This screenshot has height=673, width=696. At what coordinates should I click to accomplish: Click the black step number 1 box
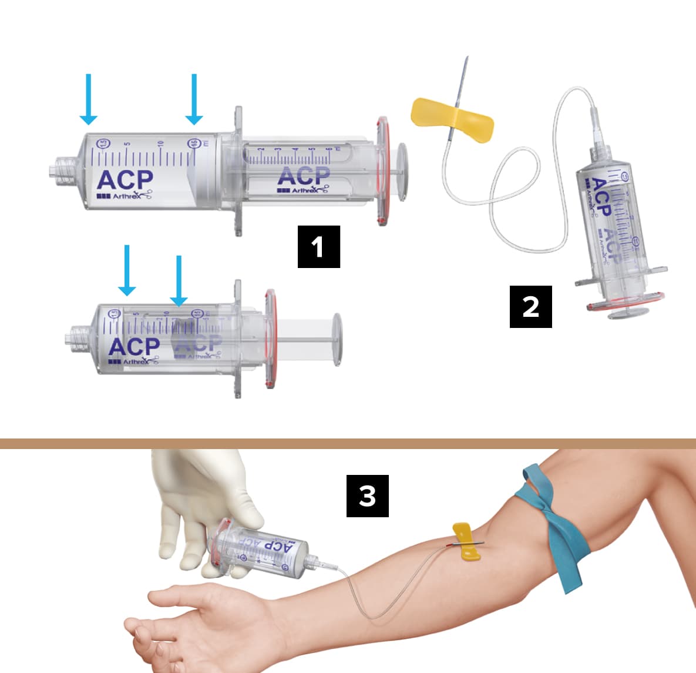318,246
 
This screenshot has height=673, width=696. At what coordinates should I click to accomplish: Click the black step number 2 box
530,306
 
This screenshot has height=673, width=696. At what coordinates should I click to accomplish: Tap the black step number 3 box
367,495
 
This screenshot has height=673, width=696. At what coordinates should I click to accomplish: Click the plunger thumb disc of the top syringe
403,172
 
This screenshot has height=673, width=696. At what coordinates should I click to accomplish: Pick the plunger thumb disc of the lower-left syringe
337,339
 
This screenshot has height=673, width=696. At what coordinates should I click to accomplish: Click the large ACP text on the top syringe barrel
125,179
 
